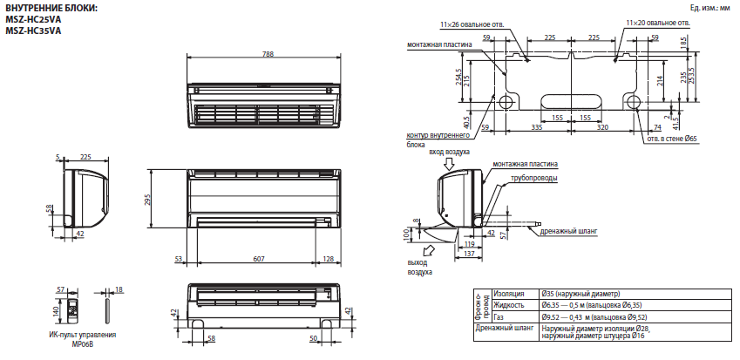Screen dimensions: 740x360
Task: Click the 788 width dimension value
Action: (x=268, y=54)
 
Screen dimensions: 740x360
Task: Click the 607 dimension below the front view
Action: (x=259, y=259)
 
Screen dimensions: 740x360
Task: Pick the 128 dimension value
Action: (x=328, y=259)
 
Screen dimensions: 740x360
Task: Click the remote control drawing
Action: (x=73, y=309)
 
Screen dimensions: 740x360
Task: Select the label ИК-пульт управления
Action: (x=83, y=335)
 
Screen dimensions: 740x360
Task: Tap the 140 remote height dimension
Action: (x=55, y=311)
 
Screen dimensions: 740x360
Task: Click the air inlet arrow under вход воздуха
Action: (x=449, y=164)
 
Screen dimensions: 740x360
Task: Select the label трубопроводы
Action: (x=533, y=178)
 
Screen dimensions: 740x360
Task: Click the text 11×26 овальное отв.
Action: (x=472, y=24)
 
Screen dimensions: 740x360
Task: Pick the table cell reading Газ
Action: (x=499, y=317)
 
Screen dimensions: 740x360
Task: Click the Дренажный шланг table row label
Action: (x=505, y=328)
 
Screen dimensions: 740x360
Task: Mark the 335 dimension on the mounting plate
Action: (x=536, y=127)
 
